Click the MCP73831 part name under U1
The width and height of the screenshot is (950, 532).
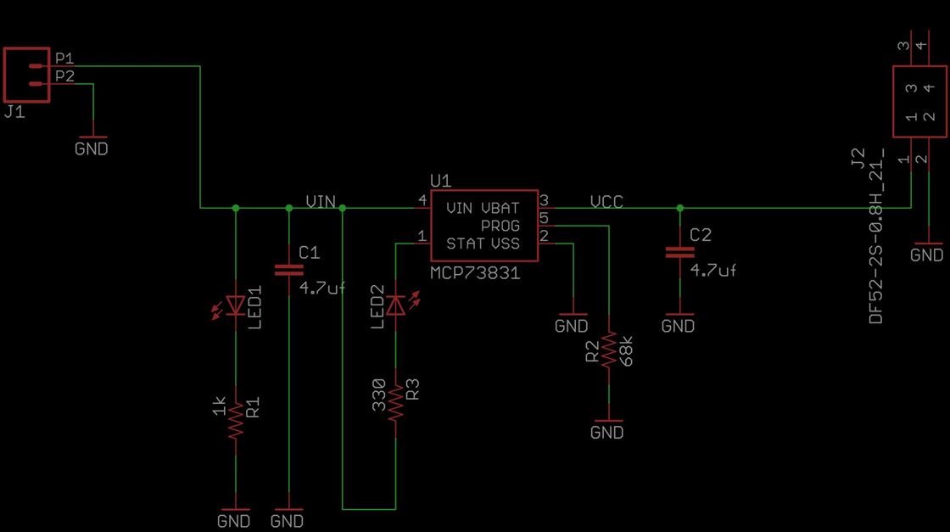tap(474, 274)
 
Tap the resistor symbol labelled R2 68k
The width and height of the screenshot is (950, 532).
tap(608, 350)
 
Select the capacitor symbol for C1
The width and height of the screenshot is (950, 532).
tap(289, 271)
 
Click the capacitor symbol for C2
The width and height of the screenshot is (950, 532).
tap(679, 252)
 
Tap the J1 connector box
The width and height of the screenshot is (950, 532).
tap(26, 75)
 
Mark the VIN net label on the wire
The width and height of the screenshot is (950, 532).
tap(321, 202)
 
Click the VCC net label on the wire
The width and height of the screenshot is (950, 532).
tap(606, 202)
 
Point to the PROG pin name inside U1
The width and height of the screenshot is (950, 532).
tap(500, 227)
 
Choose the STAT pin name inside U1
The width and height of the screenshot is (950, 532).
tap(465, 244)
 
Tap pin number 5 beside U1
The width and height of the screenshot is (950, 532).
tap(545, 218)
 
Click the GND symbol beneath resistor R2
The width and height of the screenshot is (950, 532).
tap(607, 428)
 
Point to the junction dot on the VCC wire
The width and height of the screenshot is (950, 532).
tap(679, 207)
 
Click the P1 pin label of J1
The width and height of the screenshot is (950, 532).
tap(64, 59)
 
